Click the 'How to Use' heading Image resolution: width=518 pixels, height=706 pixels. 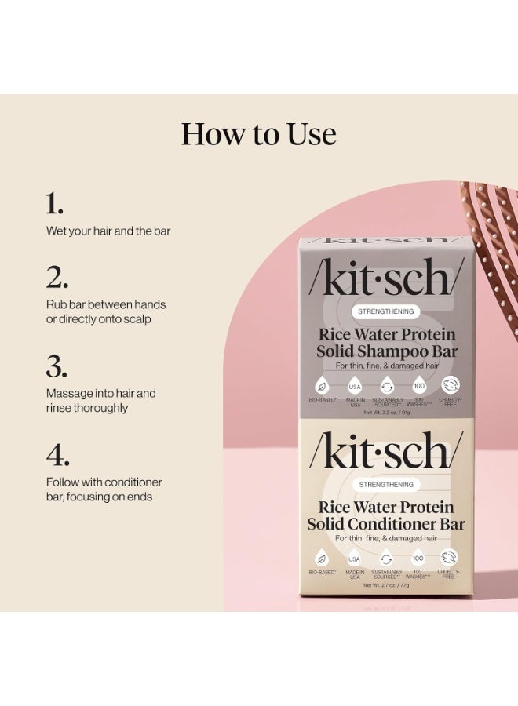258,134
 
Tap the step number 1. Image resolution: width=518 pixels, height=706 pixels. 54,205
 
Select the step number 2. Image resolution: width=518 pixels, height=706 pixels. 57,278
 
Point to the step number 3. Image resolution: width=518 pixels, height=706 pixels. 57,366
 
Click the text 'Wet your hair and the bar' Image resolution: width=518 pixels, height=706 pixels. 108,231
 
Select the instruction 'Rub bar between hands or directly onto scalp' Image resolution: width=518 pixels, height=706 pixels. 106,311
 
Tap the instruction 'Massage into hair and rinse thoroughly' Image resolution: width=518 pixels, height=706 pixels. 101,400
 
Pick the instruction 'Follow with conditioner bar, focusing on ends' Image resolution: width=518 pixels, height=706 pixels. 104,489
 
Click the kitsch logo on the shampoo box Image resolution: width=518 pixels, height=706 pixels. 386,278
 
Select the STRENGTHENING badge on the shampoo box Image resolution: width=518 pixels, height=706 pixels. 386,311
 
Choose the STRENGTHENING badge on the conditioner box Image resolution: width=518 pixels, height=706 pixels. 386,485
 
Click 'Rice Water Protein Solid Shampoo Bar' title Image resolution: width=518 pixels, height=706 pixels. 386,343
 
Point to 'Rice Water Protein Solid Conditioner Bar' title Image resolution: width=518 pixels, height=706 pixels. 386,515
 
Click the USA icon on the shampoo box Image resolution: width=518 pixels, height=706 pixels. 354,386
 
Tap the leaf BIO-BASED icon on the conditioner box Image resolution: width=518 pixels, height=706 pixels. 322,559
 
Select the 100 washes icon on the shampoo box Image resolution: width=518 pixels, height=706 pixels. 418,386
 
